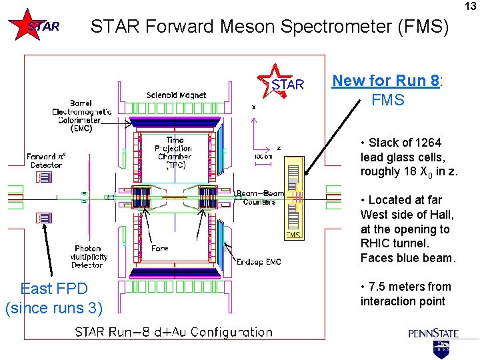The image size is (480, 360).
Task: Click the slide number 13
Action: pos(471,6)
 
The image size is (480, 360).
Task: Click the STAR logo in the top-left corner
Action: pos(35,26)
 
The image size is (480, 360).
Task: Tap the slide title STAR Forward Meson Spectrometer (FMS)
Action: pos(270,27)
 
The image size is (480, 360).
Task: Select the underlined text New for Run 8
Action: pos(385,81)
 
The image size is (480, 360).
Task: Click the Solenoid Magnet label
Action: pos(176,95)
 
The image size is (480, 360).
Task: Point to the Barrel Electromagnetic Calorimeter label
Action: pos(82,116)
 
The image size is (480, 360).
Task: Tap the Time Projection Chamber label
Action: pos(175,152)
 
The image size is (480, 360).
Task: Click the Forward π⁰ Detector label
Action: pos(45,161)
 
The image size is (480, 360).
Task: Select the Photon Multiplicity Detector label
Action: pos(88,256)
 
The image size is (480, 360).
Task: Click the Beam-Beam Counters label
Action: pos(260,198)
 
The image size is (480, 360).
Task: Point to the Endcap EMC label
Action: pos(259,262)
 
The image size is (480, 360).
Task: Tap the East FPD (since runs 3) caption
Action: pos(53,298)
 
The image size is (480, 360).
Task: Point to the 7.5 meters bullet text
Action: pos(407,294)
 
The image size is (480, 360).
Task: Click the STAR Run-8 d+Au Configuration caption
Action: pos(173,332)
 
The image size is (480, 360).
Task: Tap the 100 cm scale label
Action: pos(263,156)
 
